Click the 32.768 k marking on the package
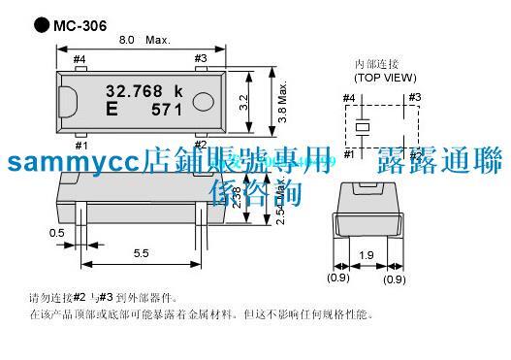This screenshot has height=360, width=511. click(x=144, y=90)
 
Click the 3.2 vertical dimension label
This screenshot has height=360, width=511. click(x=249, y=99)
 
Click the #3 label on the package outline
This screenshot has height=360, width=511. click(x=201, y=59)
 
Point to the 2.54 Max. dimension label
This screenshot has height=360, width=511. click(x=280, y=205)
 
